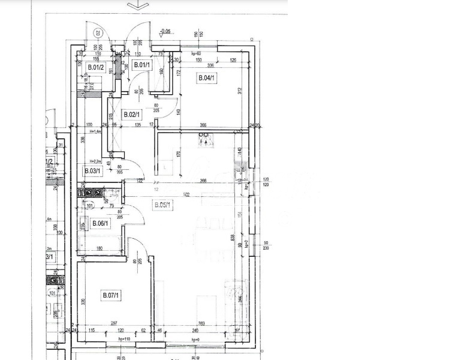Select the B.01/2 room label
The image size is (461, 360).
95,67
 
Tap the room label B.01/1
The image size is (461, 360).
142,65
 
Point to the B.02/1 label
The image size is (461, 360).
131,114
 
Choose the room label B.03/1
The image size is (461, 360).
92,171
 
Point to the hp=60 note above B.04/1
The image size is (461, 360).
195,54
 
